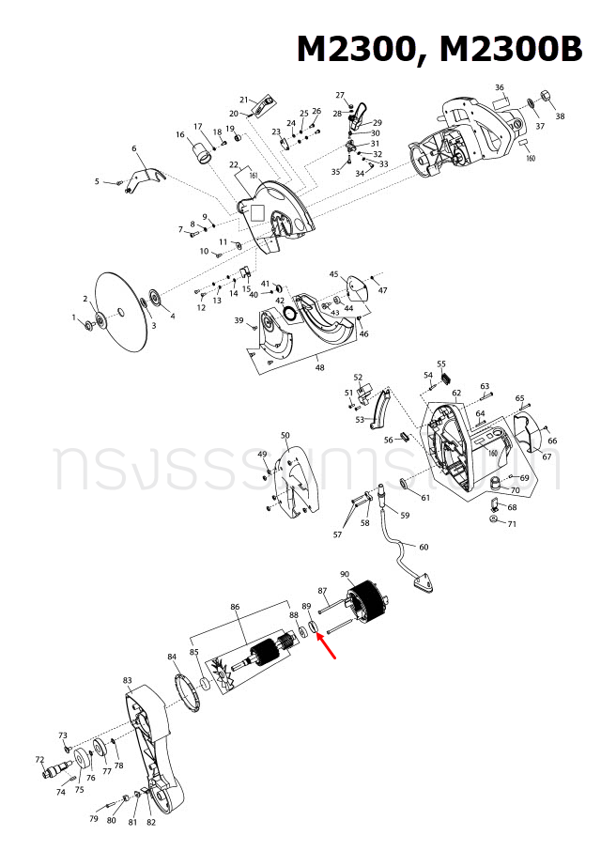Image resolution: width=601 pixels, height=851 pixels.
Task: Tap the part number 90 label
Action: (345, 575)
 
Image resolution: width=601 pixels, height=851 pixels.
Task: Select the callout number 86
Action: (235, 608)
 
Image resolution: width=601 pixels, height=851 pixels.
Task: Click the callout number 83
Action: (127, 679)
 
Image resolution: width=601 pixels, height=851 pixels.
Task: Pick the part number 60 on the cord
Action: (423, 547)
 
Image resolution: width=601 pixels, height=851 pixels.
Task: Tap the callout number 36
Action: (500, 88)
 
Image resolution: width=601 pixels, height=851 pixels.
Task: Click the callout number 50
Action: (285, 435)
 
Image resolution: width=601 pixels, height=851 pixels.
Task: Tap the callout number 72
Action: (39, 759)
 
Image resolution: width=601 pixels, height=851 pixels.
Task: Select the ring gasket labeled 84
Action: (192, 695)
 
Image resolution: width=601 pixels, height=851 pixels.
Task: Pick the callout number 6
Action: (134, 148)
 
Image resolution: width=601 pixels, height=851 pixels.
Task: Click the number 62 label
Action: (456, 394)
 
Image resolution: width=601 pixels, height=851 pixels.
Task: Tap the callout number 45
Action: (333, 274)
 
